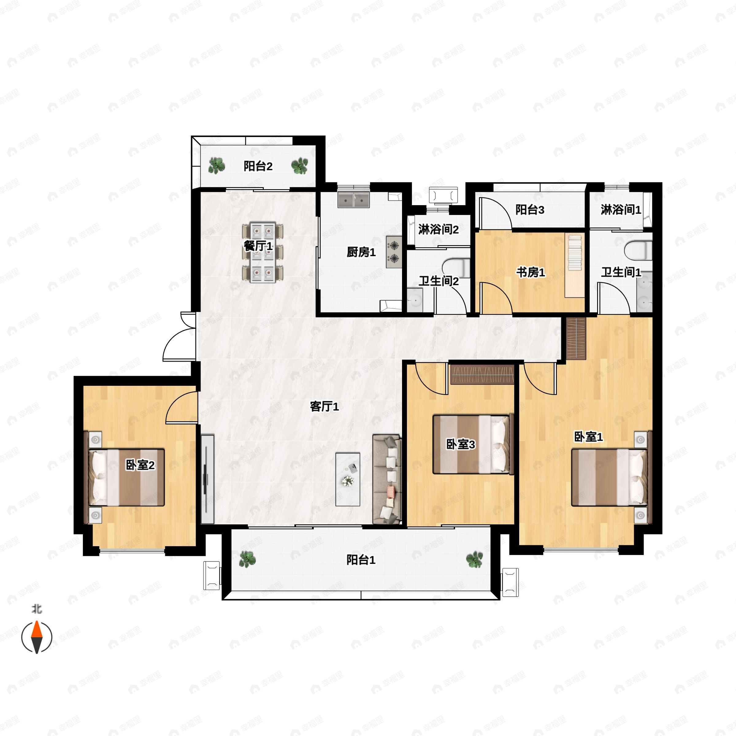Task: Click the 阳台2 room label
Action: [258, 166]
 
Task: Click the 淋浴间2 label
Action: [438, 229]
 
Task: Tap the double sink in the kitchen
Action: [354, 200]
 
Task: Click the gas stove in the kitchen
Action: [394, 252]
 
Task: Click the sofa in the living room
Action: [387, 478]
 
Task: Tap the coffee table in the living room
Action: [348, 479]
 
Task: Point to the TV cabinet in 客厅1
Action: [208, 479]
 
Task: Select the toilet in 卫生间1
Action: [638, 250]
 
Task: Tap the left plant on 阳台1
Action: [247, 559]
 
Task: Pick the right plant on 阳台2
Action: [299, 166]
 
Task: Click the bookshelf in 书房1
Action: [575, 266]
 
